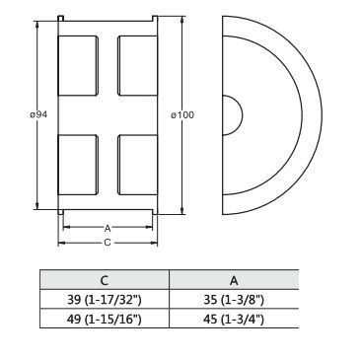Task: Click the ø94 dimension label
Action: (38, 114)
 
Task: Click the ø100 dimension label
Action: (182, 114)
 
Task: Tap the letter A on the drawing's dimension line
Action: (108, 228)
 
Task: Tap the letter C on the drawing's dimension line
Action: (108, 243)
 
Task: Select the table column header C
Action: (105, 280)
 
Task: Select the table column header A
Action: (234, 280)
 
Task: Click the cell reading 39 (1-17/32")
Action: (104, 300)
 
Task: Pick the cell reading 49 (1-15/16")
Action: (104, 319)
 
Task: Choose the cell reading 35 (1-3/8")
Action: (234, 300)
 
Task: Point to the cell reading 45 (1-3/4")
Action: (234, 319)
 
